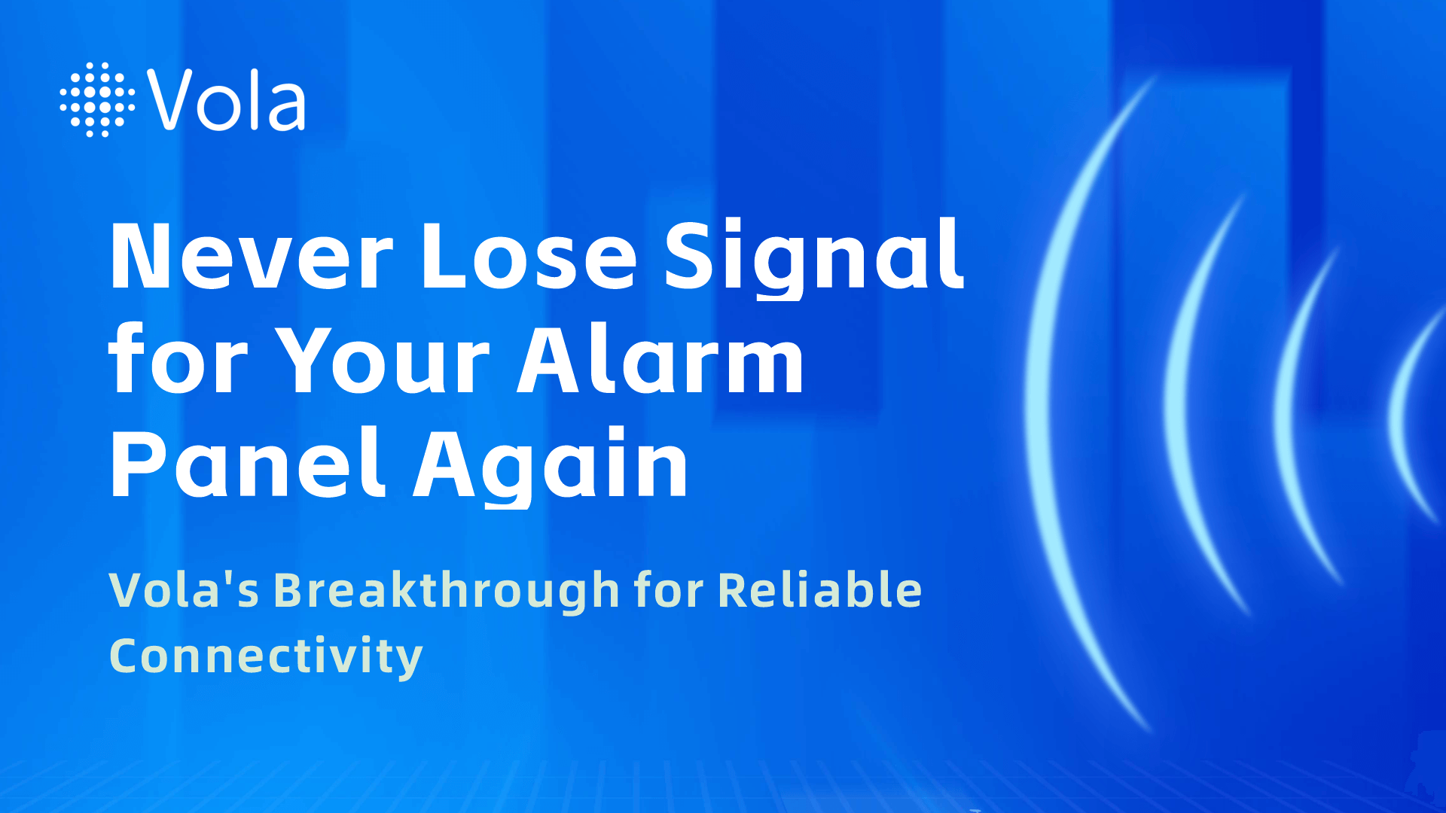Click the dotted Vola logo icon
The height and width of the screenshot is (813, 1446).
click(98, 99)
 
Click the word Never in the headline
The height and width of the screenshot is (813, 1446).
click(252, 256)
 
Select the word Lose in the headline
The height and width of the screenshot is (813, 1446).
click(529, 256)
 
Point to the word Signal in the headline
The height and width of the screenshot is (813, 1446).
click(814, 258)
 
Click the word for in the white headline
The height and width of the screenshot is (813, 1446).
click(178, 360)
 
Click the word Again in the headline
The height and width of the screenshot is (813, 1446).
click(551, 467)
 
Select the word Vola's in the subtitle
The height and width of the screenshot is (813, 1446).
click(185, 589)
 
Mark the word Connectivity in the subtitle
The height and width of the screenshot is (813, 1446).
click(266, 656)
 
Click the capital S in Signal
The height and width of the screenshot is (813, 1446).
click(689, 256)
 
